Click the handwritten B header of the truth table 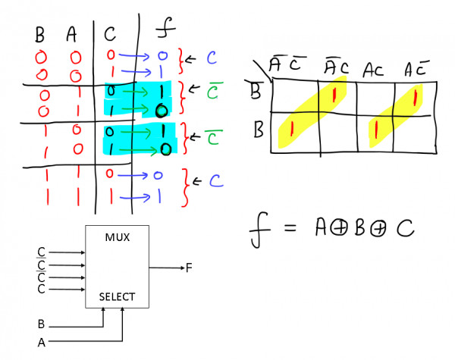(x=41, y=35)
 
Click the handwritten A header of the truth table (x=72, y=35)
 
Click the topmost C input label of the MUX (x=40, y=251)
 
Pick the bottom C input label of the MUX (x=40, y=290)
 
